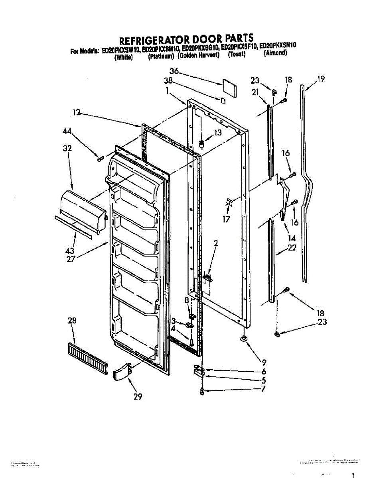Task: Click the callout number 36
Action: click(174, 71)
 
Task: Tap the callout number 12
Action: click(77, 113)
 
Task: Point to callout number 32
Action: click(67, 149)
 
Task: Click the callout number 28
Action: click(72, 320)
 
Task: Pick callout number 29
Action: click(138, 397)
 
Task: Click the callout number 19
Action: click(321, 79)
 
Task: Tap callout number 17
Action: click(226, 219)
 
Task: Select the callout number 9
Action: click(264, 362)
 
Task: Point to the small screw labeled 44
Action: click(100, 159)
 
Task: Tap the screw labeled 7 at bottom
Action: click(203, 392)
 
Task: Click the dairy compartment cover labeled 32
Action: click(81, 208)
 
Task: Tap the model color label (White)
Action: click(123, 57)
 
